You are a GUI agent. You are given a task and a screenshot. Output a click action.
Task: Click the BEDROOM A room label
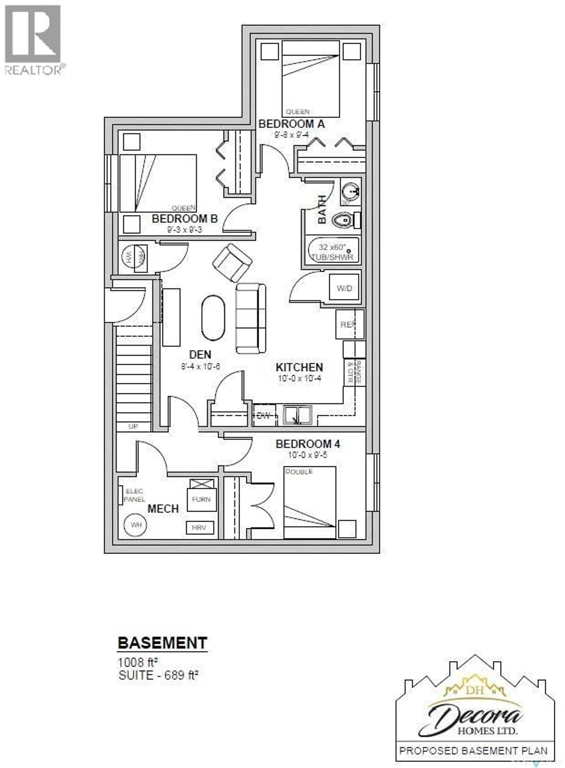pos(291,124)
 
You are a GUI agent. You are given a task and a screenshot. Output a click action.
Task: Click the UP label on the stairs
pos(133,426)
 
